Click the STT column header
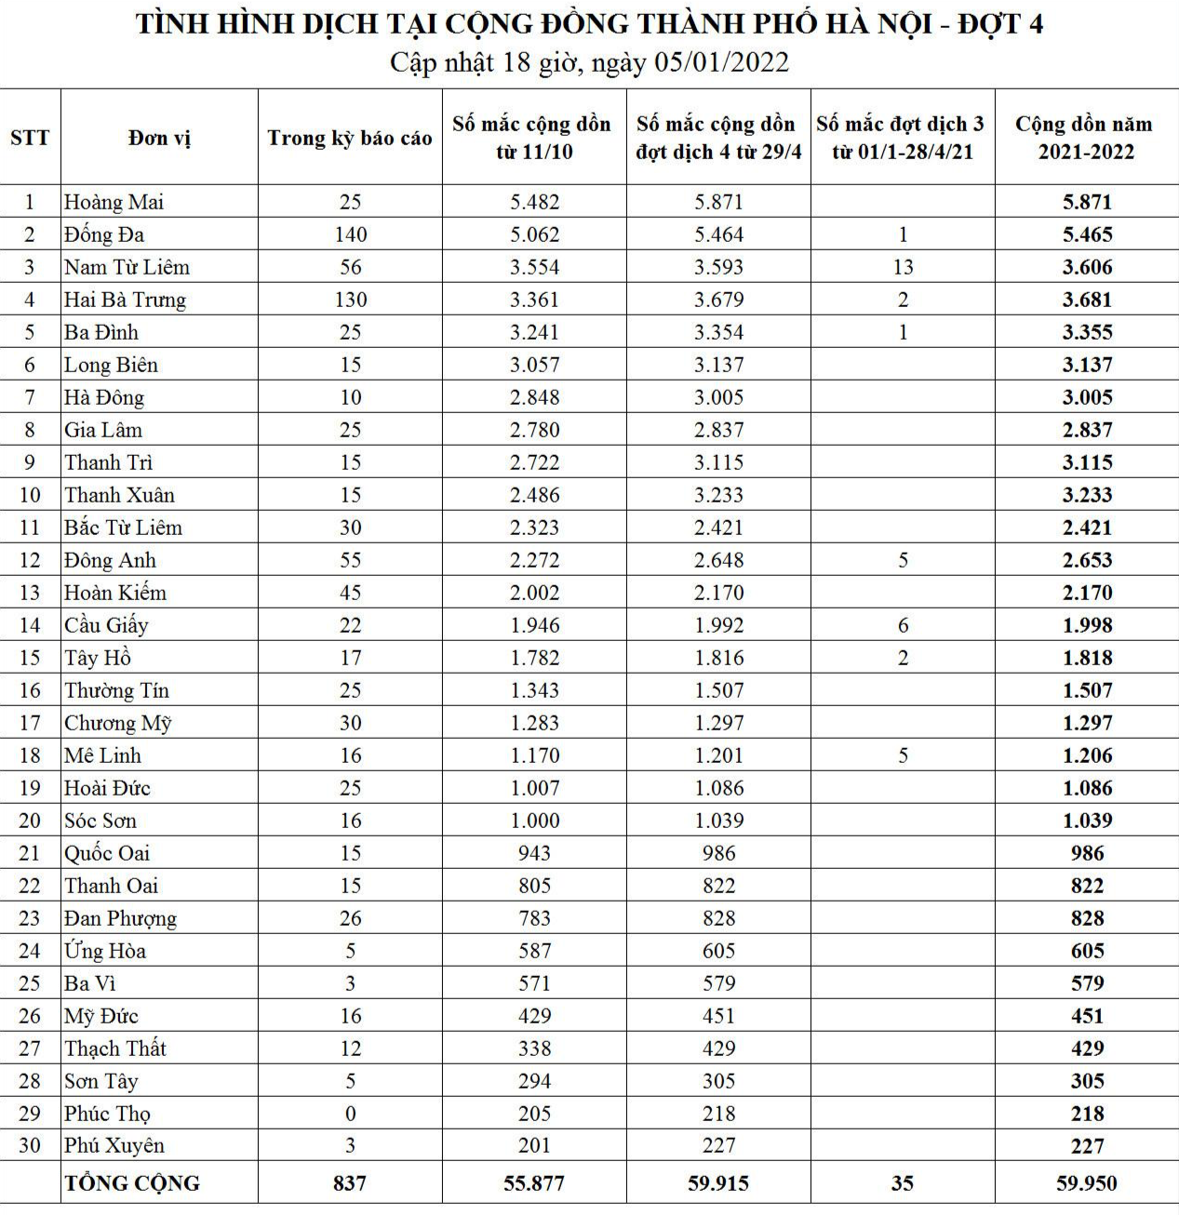point(30,138)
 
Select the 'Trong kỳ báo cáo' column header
point(350,138)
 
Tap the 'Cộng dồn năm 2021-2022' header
point(1085,138)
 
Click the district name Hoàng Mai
point(114,202)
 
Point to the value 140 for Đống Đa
point(351,234)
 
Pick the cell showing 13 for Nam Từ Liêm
point(903,267)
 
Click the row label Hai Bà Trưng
point(125,300)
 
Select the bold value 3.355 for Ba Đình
point(1087,332)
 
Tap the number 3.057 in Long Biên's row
point(534,365)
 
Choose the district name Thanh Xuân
point(119,495)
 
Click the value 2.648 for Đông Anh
point(718,560)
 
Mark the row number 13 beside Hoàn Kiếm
point(30,593)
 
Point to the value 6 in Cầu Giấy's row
point(903,625)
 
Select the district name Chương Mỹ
point(118,723)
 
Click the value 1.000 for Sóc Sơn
point(534,821)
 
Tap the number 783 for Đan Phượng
point(534,918)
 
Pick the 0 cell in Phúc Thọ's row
point(351,1114)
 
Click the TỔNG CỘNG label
point(132,1183)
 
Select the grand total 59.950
point(1087,1183)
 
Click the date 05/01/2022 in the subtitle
point(721,62)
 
